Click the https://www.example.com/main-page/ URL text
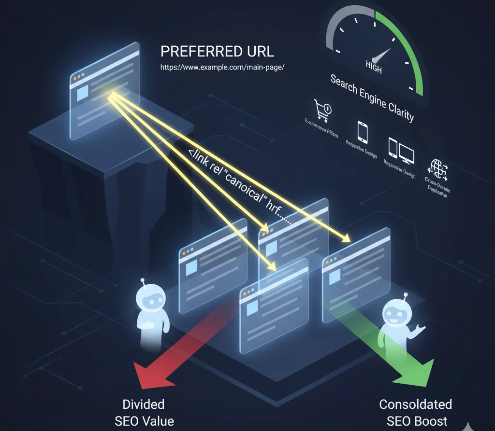(222, 67)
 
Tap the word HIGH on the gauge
(373, 67)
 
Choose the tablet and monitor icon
(401, 150)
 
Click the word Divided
(144, 404)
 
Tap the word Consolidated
(415, 404)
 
